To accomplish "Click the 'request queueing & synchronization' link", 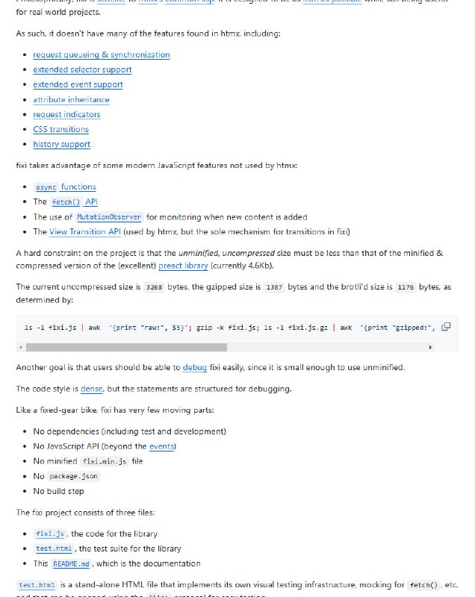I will coord(101,54).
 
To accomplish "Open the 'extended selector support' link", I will coord(82,69).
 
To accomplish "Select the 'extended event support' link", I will coord(78,84).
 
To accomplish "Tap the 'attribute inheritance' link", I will coord(71,99).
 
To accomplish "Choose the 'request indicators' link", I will coord(66,114).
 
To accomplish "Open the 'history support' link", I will coord(61,144).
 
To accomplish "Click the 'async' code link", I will coord(46,187).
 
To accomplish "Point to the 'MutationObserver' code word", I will coord(109,217).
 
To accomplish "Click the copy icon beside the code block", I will coord(446,327).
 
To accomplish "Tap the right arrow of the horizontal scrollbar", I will coord(430,347).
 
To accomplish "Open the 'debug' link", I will coord(194,367).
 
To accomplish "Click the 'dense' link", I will coord(92,389).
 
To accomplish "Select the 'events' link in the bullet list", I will coord(161,446).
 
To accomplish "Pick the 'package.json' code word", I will coord(73,476).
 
